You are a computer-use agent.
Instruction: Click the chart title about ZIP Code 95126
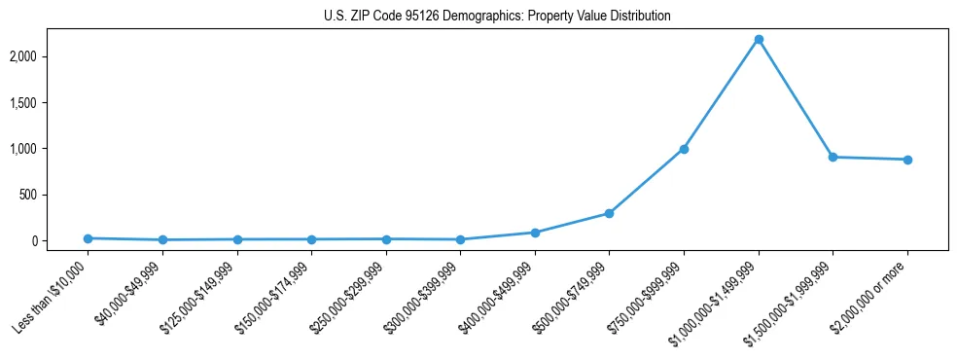(497, 17)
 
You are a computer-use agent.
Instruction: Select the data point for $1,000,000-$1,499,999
(759, 39)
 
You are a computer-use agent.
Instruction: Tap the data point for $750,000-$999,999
(684, 149)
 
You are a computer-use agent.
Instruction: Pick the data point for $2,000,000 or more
(907, 160)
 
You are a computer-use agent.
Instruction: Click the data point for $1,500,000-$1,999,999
(833, 157)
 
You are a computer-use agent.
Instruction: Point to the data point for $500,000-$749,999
(609, 213)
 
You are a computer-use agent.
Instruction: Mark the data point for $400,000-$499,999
(535, 233)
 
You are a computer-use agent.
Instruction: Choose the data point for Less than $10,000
(88, 238)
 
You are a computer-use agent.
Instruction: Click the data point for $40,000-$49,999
(162, 239)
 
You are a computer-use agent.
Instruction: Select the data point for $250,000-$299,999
(386, 238)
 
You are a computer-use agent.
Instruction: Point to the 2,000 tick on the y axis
(49, 56)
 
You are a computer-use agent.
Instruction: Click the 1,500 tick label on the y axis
(49, 102)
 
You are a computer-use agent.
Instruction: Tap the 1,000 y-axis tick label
(49, 149)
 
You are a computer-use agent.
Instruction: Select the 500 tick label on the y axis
(53, 195)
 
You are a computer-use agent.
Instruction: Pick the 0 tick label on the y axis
(60, 240)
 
